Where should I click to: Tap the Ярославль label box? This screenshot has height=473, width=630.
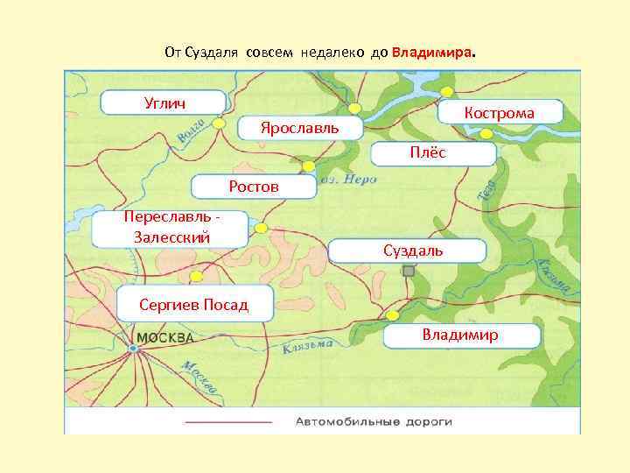[x=298, y=129]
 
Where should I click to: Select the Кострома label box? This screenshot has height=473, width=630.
[x=499, y=112]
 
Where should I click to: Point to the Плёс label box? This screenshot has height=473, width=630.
[x=434, y=153]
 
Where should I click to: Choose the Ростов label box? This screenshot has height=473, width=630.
[x=254, y=187]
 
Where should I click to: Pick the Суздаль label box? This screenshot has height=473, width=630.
[x=407, y=251]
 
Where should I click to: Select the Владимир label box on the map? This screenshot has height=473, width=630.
[x=458, y=335]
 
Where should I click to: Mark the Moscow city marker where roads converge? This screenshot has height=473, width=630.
[x=133, y=349]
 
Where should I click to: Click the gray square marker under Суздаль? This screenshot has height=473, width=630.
[x=408, y=272]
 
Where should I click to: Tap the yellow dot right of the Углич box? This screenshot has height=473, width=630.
[x=220, y=124]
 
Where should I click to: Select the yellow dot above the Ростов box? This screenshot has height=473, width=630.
[x=308, y=166]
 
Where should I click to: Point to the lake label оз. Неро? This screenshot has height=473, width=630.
[x=348, y=179]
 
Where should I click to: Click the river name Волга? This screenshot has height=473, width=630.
[x=191, y=131]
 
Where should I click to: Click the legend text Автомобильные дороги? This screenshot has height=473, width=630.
[x=374, y=421]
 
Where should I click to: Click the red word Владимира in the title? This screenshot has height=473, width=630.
[x=431, y=52]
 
